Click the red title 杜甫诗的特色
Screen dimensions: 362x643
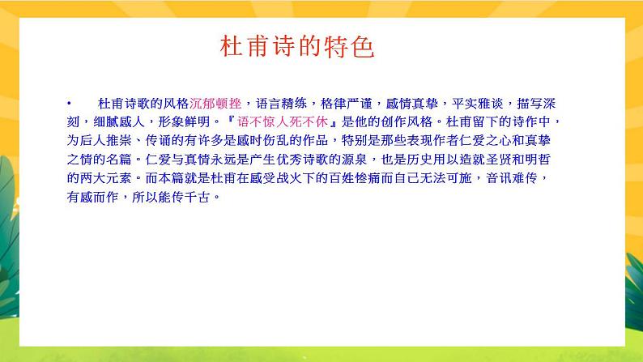[x=297, y=47]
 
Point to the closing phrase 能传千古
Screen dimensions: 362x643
[x=189, y=196]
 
